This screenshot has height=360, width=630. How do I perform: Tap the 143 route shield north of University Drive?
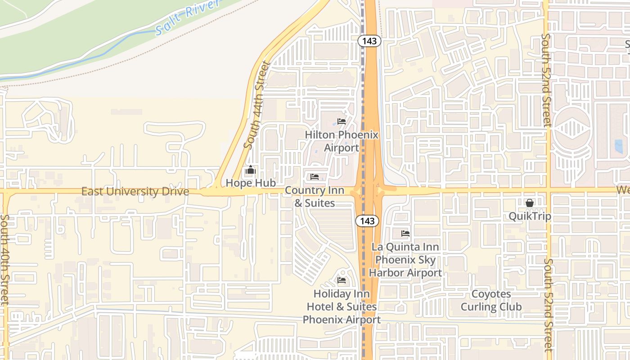click(x=369, y=41)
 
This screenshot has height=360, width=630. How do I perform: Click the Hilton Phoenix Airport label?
click(x=342, y=141)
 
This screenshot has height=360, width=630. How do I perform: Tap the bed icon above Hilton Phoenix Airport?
click(x=342, y=121)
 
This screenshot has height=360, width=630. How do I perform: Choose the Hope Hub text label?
click(x=251, y=183)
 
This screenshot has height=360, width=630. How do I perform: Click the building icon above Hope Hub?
click(x=251, y=170)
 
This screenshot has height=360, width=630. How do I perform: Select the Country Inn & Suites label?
click(x=315, y=197)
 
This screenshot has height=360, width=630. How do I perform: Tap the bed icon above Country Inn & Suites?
click(x=315, y=177)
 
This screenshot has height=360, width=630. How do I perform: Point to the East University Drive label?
click(x=135, y=192)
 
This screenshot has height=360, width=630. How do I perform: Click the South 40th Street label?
click(x=5, y=259)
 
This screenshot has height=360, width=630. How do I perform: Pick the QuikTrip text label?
click(x=530, y=216)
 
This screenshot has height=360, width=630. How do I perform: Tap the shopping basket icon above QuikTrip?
click(x=530, y=203)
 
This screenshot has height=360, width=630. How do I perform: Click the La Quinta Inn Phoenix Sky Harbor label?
click(x=405, y=260)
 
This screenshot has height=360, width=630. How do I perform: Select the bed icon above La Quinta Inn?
click(x=405, y=234)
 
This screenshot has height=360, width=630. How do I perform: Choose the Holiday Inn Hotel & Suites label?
click(x=342, y=306)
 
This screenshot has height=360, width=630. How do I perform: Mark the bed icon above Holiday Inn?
click(x=342, y=280)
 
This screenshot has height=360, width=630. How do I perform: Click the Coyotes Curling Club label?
click(x=491, y=301)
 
